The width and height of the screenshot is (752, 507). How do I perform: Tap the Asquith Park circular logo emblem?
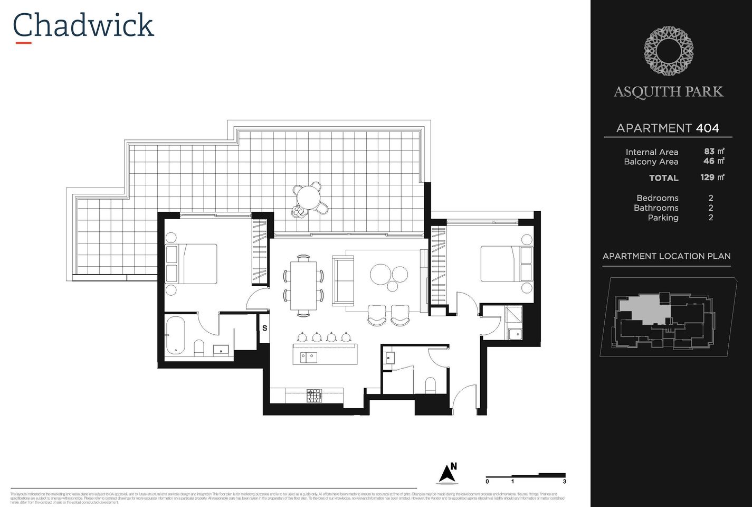(x=668, y=51)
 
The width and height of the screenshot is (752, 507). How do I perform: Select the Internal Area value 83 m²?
(x=713, y=152)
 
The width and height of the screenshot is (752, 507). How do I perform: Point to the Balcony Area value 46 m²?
(x=713, y=161)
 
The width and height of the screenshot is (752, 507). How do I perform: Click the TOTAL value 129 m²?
(x=712, y=177)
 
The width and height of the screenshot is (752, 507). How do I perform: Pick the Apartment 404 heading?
(x=668, y=128)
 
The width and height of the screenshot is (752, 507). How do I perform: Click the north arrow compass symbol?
(x=447, y=474)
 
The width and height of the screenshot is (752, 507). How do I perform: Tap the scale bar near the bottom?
(x=526, y=477)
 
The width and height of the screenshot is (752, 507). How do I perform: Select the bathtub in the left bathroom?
(x=176, y=336)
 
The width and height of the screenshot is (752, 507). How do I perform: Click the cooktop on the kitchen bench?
(x=314, y=396)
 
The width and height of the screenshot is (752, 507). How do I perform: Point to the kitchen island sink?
(x=309, y=358)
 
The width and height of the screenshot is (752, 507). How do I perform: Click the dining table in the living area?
(x=303, y=285)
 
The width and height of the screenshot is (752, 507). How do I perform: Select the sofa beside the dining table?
(x=342, y=280)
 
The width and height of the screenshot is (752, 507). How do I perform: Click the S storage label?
(x=264, y=328)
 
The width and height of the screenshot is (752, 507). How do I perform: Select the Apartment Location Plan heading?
(x=666, y=256)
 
